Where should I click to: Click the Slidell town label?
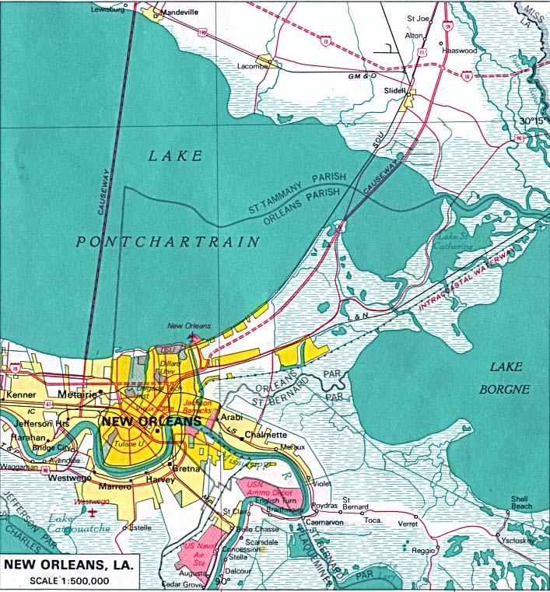[x=395, y=90]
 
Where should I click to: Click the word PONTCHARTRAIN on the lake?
[x=168, y=242]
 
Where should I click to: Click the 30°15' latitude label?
[x=533, y=121]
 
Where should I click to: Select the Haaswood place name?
[x=459, y=49]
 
